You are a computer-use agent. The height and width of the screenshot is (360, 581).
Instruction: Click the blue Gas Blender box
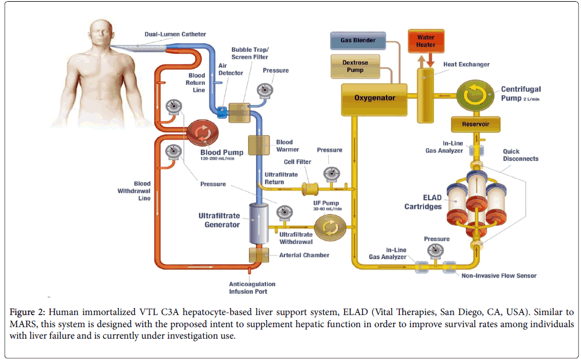pos(358,40)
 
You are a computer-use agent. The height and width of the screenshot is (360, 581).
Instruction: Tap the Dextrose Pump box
pos(354,66)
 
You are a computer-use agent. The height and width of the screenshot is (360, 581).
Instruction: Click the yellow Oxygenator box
pos(374,97)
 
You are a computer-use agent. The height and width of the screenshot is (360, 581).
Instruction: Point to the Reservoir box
pos(475,124)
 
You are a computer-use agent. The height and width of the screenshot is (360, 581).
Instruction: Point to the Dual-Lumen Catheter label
pos(175,35)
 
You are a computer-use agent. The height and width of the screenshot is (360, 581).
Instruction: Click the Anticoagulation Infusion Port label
pos(252,287)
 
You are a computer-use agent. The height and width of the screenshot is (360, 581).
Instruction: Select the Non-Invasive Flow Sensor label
pos(499,276)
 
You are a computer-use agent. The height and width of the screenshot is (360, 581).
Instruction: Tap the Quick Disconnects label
pos(520,155)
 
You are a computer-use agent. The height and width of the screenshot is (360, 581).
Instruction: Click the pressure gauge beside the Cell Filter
pos(331,173)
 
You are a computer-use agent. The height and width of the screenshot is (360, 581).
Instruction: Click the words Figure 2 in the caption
pos(26,312)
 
